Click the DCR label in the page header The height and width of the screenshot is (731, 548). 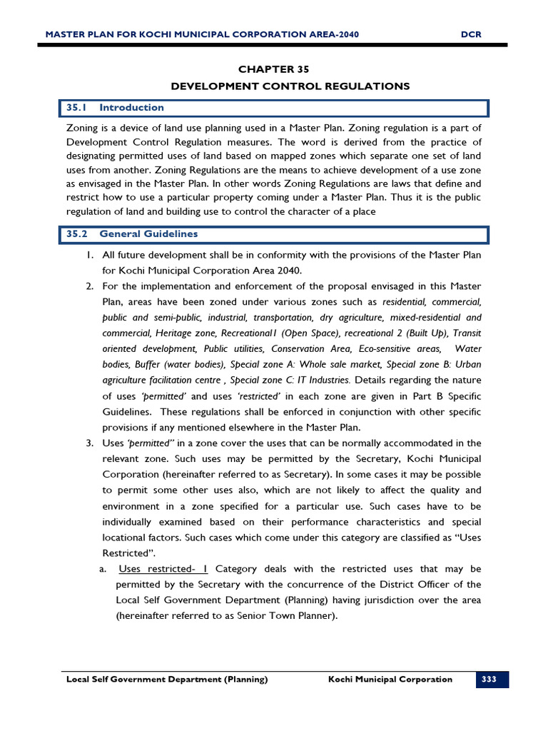(472, 34)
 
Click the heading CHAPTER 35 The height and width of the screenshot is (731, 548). (274, 69)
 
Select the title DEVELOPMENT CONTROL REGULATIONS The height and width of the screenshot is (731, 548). (290, 86)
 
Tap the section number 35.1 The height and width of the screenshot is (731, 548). (76, 108)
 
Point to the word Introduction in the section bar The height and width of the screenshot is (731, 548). (131, 108)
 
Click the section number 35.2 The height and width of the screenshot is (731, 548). (76, 234)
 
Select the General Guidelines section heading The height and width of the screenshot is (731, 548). (148, 234)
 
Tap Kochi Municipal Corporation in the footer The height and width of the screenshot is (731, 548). (390, 680)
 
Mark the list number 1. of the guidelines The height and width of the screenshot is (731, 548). (90, 255)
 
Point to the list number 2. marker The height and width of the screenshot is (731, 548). (90, 286)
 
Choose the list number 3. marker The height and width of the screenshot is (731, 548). (90, 443)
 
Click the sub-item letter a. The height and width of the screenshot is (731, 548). (103, 569)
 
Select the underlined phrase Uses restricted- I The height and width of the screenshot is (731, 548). (163, 569)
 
